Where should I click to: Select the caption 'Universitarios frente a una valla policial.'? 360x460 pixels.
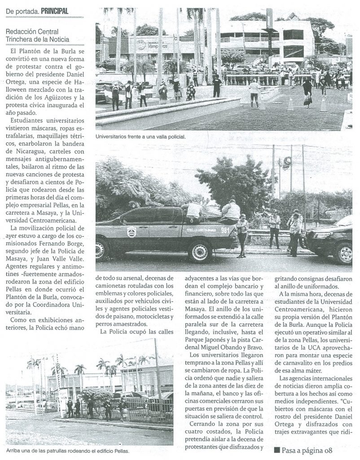140,136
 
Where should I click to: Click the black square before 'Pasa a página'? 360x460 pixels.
277,449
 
